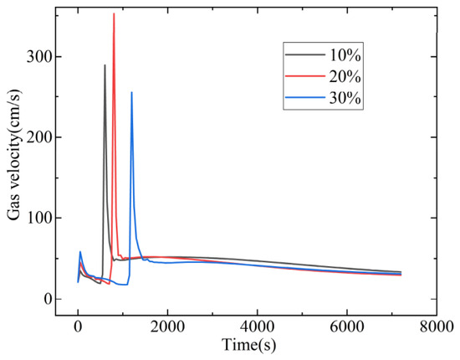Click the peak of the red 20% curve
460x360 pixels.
114,13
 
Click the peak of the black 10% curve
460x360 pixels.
105,65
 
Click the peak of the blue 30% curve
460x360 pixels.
131,92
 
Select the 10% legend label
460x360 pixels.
345,55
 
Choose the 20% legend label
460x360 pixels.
345,77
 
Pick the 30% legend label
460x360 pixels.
345,98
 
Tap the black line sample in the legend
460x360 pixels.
305,54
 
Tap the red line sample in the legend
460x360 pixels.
305,76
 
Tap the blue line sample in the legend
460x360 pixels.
305,98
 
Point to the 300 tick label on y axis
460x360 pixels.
38,56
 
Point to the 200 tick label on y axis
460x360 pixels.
38,137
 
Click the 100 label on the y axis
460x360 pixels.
38,218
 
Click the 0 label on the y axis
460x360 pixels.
46,299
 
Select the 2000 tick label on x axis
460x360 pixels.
167,327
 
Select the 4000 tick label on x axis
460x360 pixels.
258,327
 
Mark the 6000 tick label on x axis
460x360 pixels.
347,327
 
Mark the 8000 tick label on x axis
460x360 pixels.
437,327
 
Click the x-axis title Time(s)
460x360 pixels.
248,345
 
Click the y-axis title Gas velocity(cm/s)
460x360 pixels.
14,154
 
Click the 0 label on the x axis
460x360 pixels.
78,327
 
